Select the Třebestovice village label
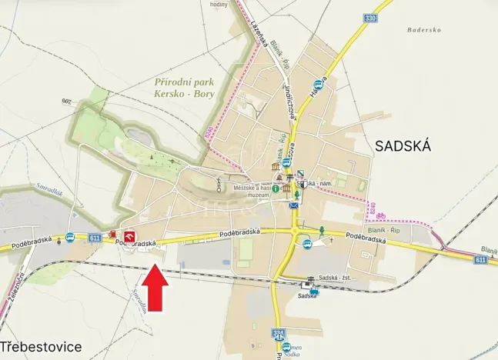point(41,347)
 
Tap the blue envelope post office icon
point(293,205)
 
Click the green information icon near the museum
point(276,188)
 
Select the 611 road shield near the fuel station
point(94,238)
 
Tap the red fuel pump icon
point(112,235)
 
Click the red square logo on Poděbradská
point(129,236)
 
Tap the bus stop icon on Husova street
point(317,84)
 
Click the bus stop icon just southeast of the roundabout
point(307,244)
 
